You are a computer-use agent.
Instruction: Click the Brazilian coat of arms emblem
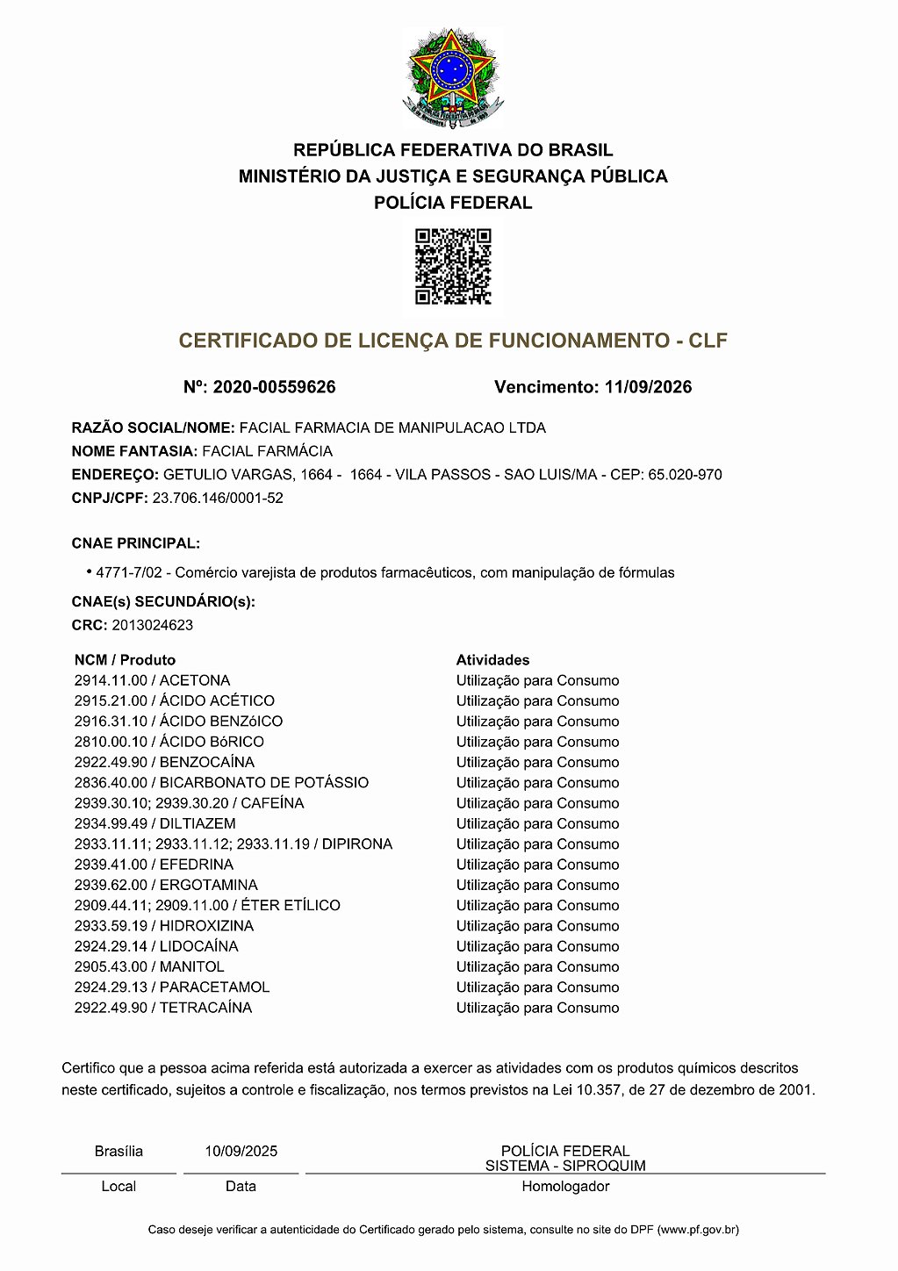click(453, 78)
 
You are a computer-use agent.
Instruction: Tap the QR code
click(453, 266)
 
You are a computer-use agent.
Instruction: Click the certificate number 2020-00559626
click(274, 387)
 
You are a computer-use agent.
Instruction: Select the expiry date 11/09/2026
click(648, 387)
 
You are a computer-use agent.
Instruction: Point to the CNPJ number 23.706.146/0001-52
click(218, 499)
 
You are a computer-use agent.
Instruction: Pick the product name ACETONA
click(195, 681)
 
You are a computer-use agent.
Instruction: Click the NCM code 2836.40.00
click(111, 783)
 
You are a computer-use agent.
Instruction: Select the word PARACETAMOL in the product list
click(214, 987)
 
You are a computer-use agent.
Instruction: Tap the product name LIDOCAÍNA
click(198, 946)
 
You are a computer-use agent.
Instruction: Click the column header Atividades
click(492, 660)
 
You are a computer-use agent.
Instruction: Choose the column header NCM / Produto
click(125, 660)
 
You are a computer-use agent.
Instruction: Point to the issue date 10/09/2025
click(241, 1152)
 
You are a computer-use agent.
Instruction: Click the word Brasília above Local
click(119, 1152)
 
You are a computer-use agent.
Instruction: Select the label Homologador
click(565, 1187)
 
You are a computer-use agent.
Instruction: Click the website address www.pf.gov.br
click(698, 1231)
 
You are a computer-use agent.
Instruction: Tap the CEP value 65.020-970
click(685, 475)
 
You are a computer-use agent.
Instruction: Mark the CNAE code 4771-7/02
click(129, 573)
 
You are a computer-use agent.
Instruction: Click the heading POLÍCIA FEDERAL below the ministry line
click(453, 203)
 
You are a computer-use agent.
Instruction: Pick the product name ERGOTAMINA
click(209, 885)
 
